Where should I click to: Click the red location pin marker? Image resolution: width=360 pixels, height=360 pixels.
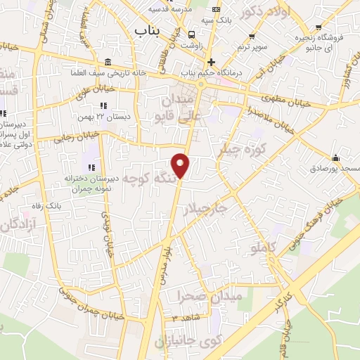point(181,165)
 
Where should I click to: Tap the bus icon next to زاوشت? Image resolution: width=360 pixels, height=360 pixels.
point(192,34)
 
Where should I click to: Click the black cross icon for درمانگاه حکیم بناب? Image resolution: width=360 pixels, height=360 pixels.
point(211,62)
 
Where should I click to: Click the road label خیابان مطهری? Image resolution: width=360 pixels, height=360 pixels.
point(288,98)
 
